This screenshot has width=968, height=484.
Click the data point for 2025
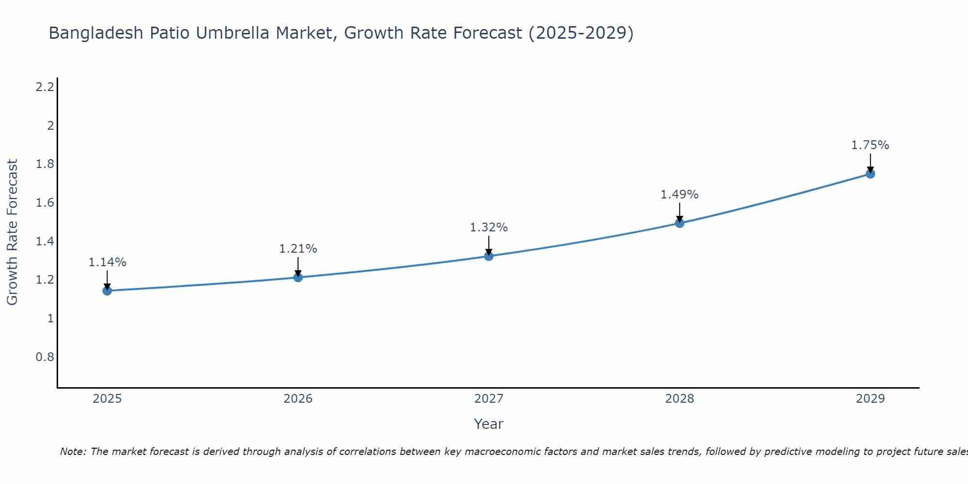tap(107, 290)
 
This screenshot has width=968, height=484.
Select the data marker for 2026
tap(298, 277)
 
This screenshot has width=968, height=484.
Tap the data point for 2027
tap(489, 256)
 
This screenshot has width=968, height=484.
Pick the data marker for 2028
tap(680, 223)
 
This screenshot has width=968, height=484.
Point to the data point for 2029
tap(870, 174)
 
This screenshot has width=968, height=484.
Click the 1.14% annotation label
tap(107, 262)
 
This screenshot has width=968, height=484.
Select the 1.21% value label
tap(298, 249)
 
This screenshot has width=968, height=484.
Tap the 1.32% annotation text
tap(489, 227)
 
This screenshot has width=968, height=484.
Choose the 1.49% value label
tap(680, 195)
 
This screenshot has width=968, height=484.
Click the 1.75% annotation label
tap(870, 145)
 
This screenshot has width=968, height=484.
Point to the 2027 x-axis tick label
tap(489, 399)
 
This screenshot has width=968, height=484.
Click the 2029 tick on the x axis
tap(870, 399)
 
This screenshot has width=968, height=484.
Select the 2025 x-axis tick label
tap(107, 399)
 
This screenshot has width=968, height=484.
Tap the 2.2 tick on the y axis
tap(45, 87)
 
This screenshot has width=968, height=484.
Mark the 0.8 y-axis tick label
tap(45, 357)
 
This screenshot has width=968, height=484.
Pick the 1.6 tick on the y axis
tap(45, 203)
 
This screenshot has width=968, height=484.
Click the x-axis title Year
tap(489, 424)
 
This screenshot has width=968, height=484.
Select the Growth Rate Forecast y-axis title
tap(12, 232)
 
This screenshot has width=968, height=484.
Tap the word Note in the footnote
tap(73, 452)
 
